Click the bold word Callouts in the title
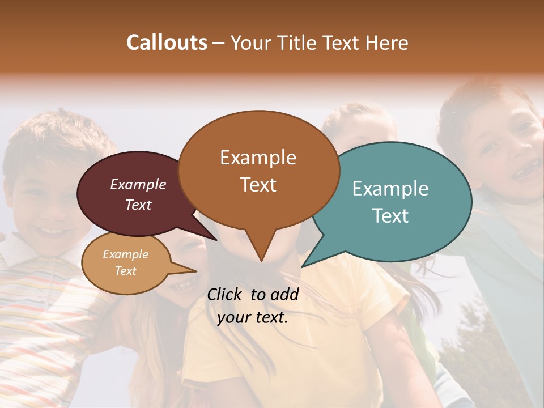(167, 42)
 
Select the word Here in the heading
(388, 42)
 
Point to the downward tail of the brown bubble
(261, 249)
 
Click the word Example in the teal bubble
(390, 189)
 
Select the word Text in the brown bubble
(258, 185)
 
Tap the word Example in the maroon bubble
(138, 184)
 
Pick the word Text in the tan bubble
(126, 271)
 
